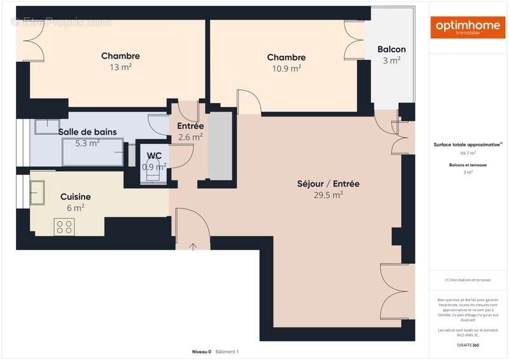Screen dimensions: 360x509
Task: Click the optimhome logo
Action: (468, 27)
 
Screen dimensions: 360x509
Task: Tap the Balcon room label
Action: (391, 50)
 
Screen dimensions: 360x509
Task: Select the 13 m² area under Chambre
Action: (120, 67)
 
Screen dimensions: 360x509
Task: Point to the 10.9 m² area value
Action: (286, 69)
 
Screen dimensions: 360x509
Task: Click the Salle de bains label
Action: (88, 132)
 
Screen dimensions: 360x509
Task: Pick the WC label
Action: (154, 155)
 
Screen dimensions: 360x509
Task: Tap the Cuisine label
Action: (75, 197)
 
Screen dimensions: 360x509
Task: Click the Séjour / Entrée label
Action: (328, 184)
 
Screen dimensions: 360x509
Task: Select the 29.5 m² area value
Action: (328, 195)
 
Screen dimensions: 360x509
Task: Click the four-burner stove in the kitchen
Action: (64, 226)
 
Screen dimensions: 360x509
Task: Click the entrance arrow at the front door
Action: (193, 246)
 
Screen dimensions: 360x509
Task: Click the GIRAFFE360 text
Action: (468, 345)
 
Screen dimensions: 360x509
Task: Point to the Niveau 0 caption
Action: (202, 352)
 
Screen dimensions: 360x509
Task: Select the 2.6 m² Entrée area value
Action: (190, 137)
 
